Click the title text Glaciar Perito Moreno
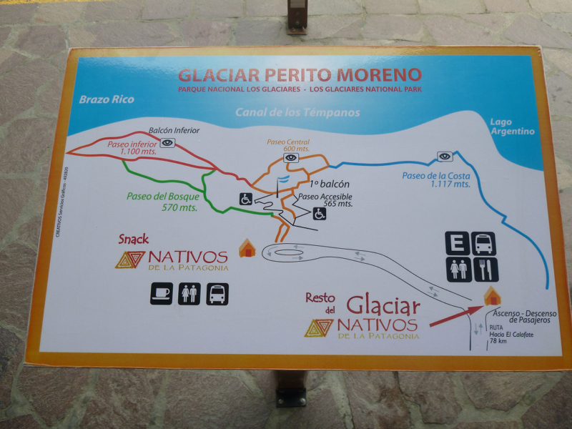300,74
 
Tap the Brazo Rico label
107,99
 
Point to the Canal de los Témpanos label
297,113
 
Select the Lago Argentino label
512,127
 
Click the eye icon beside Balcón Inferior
167,142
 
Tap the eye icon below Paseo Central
290,157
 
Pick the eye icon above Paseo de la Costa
445,156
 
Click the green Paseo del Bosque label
163,201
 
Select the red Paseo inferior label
132,147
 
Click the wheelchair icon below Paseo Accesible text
319,214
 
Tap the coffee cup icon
161,293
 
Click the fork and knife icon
485,270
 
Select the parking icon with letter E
458,243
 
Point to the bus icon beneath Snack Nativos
217,293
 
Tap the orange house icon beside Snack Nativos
247,248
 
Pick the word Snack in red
134,239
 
